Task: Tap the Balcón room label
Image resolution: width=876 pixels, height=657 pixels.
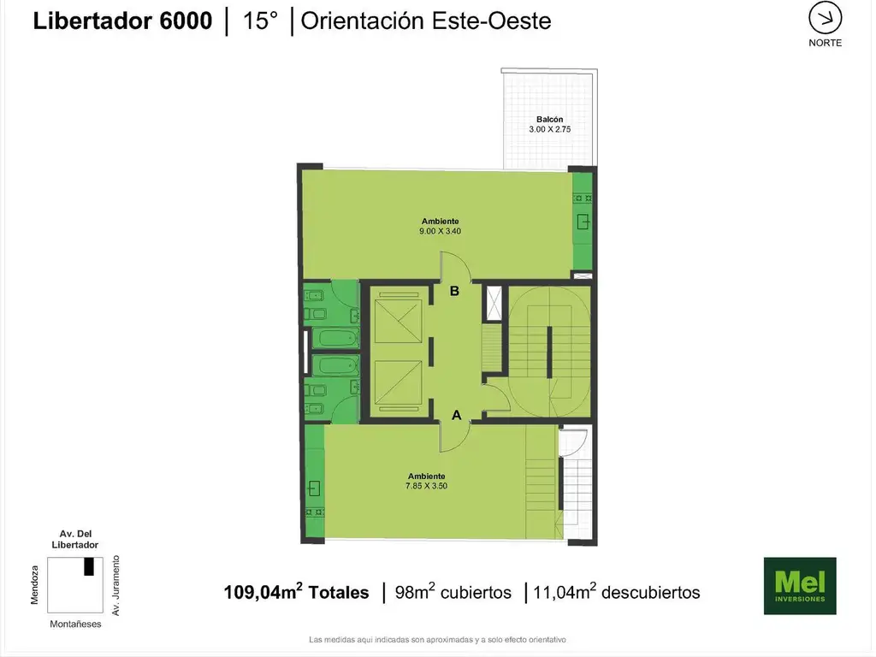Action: pyautogui.click(x=550, y=119)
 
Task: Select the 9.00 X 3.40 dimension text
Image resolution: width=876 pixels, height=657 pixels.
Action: pyautogui.click(x=441, y=231)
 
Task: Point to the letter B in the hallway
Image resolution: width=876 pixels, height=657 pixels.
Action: pyautogui.click(x=455, y=291)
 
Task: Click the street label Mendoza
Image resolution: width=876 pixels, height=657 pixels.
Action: pyautogui.click(x=34, y=585)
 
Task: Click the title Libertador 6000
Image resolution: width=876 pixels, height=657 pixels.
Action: pyautogui.click(x=122, y=21)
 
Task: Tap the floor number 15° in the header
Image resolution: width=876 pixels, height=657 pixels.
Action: pyautogui.click(x=260, y=21)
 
